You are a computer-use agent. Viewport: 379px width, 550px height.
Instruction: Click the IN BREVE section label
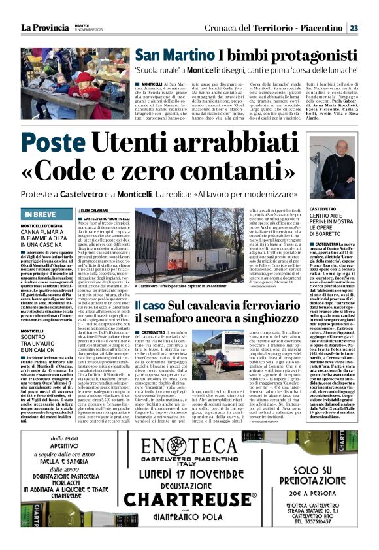[x=41, y=214]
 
